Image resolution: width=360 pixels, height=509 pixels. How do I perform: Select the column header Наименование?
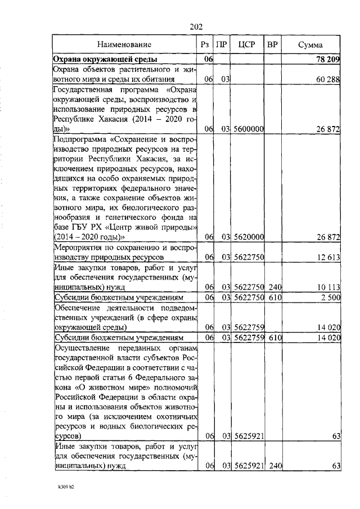124,44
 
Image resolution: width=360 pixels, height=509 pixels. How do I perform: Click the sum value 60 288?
326,80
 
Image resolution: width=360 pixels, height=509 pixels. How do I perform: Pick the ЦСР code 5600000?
249,129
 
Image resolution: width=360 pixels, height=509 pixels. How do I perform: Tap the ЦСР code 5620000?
249,237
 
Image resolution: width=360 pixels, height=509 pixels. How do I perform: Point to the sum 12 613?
326,258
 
